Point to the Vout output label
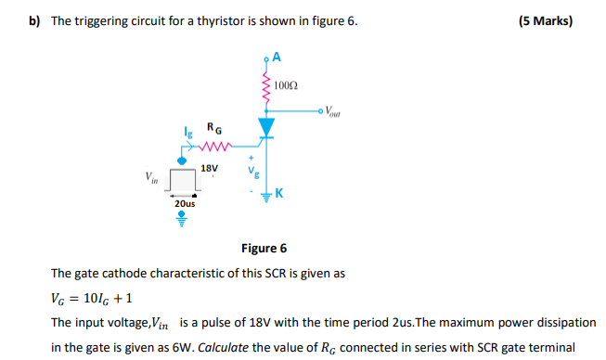[333, 113]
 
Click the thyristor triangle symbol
[267, 125]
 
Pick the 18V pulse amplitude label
[210, 168]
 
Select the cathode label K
[278, 193]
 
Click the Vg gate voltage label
[247, 173]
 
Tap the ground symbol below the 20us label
[184, 220]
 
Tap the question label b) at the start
[35, 20]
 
